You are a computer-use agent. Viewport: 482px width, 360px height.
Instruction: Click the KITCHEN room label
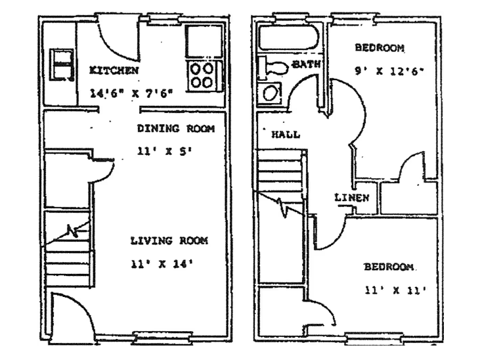point(114,70)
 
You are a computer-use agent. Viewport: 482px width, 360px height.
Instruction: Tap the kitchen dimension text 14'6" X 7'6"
point(131,93)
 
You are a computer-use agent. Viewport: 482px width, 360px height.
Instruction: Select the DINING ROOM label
point(175,129)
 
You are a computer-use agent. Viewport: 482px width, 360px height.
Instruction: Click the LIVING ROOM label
point(169,241)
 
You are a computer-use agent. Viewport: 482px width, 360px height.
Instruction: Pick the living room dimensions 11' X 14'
point(162,265)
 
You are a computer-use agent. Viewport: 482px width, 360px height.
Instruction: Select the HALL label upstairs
point(286,135)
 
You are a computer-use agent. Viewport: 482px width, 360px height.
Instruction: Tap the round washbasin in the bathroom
point(271,92)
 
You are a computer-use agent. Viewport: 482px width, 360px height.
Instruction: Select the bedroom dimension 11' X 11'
point(397,289)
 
